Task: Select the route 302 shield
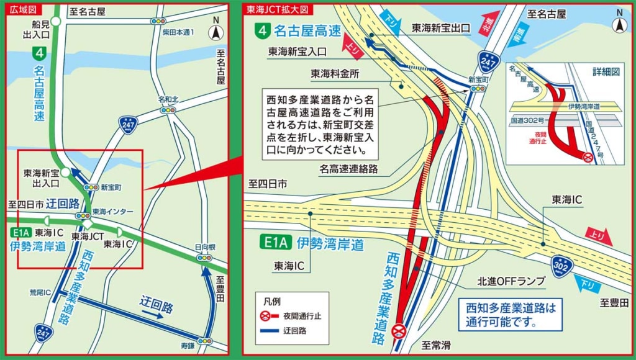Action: [561, 266]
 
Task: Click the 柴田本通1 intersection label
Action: [179, 32]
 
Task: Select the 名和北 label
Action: [168, 99]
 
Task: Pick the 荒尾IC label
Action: [39, 290]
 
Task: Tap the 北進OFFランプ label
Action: [511, 282]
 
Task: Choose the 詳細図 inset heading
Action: [606, 72]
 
